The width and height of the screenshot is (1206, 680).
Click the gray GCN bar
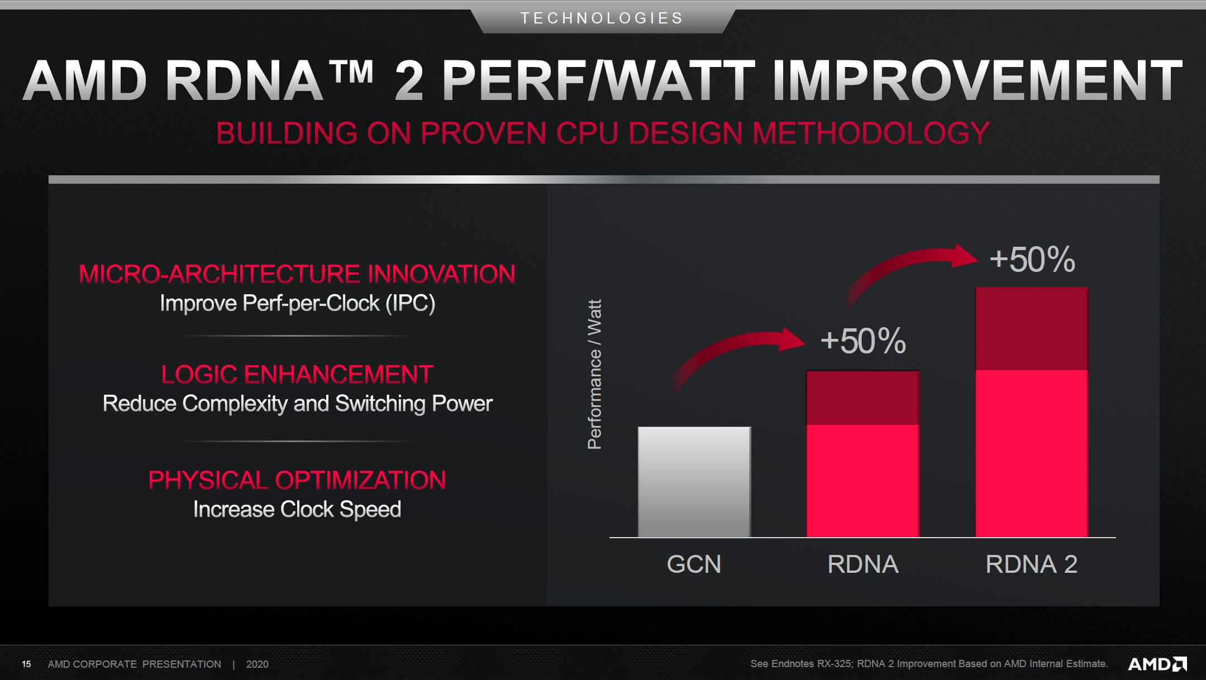[x=694, y=482]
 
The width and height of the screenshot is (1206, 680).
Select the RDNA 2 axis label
[x=1031, y=564]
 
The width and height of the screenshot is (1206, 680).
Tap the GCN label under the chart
[x=694, y=564]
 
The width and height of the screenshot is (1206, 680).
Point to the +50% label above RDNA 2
[x=1032, y=259]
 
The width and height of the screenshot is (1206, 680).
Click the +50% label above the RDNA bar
[x=863, y=341]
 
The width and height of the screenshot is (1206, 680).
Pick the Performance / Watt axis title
[x=594, y=375]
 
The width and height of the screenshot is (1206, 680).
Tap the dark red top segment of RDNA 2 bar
[x=1032, y=328]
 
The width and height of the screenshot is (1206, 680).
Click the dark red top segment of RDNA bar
[x=863, y=398]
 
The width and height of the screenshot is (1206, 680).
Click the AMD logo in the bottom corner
[x=1157, y=664]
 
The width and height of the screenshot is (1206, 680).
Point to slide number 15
[x=26, y=664]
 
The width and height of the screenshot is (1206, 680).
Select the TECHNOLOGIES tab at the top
[x=602, y=18]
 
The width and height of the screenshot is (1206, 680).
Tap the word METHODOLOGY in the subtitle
[x=871, y=133]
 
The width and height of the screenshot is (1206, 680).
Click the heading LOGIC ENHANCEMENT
[x=297, y=374]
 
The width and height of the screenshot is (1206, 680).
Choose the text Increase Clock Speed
[x=297, y=509]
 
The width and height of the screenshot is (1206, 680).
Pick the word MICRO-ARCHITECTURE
[x=220, y=274]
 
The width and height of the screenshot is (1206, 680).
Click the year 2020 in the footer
[x=258, y=664]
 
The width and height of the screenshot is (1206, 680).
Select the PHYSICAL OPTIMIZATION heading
[x=297, y=480]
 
